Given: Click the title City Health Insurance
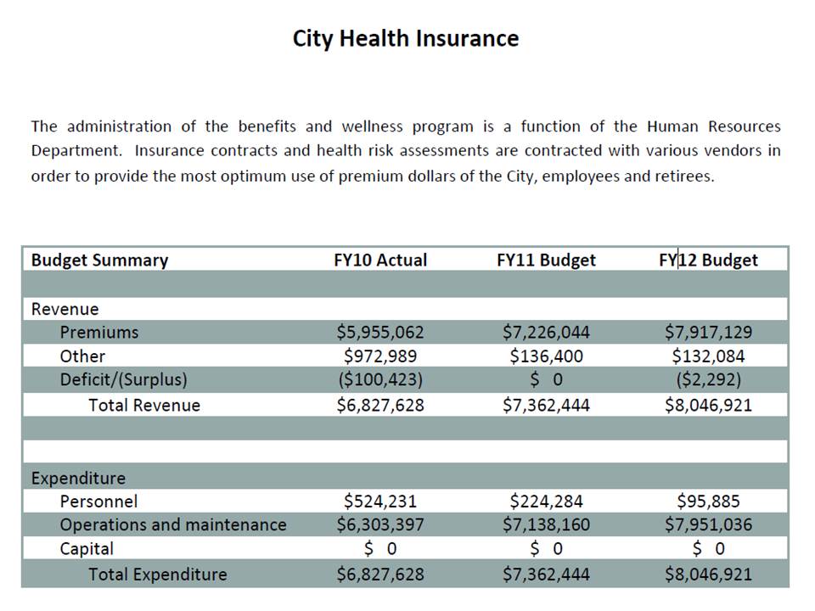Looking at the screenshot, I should (x=405, y=39).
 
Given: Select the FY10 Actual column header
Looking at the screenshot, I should (x=380, y=260).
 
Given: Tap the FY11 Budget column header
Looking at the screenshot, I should (x=546, y=260).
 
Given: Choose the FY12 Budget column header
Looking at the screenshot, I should (x=708, y=260).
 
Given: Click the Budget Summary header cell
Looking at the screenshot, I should (x=99, y=260).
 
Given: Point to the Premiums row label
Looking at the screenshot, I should (x=98, y=332).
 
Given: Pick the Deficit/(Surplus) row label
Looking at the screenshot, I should (x=123, y=379).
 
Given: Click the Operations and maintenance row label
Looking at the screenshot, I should (x=172, y=524).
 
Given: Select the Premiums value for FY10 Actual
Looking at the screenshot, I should (x=380, y=332).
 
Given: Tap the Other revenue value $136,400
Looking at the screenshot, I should (x=546, y=356).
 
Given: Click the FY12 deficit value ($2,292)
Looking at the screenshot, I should (x=708, y=379).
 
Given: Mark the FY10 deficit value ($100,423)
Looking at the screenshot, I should (x=380, y=379).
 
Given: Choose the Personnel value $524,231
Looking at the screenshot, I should (x=380, y=502).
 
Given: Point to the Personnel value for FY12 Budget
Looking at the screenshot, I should (x=708, y=502).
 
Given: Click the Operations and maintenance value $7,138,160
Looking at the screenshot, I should (x=546, y=524).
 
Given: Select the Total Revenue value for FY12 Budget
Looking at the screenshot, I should (x=708, y=405).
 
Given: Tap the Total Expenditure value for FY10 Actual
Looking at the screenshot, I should (x=380, y=575).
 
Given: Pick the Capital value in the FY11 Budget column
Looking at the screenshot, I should (x=546, y=549).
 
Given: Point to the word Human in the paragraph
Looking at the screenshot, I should (x=674, y=126).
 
